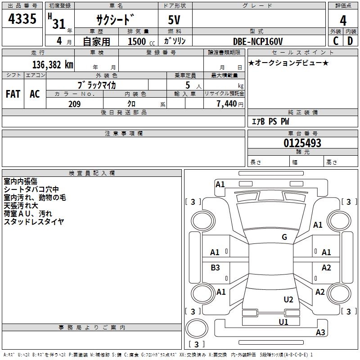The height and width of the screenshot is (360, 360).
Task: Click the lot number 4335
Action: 22,20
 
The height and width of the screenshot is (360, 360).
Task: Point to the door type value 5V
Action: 175,21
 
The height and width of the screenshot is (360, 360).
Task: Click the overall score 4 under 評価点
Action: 343,20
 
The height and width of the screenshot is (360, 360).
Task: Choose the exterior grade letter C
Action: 336,41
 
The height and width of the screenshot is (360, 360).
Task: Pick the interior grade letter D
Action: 350,41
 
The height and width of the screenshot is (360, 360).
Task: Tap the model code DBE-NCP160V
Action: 258,41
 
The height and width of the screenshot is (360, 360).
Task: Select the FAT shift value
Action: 13,94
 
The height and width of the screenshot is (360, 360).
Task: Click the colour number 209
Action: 74,104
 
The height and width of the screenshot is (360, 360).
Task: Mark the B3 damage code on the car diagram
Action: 215,268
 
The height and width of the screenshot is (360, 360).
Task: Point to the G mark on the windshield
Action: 284,237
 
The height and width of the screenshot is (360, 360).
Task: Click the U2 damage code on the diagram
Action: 288,299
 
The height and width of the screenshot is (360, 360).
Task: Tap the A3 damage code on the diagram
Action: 320,333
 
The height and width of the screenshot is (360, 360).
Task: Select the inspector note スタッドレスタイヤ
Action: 34,221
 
